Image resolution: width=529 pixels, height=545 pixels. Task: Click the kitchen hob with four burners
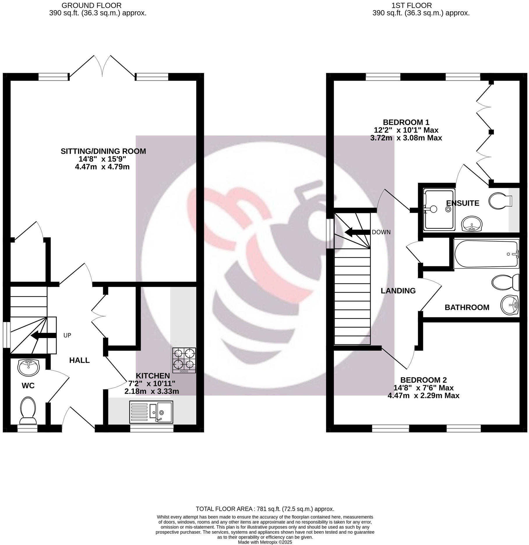coord(184,360)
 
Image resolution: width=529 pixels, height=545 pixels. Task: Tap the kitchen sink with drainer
coord(151,412)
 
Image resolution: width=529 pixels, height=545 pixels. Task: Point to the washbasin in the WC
coord(28,367)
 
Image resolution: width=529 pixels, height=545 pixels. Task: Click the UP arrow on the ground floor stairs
coord(44,335)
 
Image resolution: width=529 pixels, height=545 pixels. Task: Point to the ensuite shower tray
coord(439,209)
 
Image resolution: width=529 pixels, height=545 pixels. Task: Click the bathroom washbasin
coord(510,305)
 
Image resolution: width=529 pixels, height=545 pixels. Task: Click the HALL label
coord(80,360)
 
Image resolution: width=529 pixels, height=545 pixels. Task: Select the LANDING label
coord(398,291)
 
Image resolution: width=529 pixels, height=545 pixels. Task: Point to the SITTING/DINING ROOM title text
coord(103,151)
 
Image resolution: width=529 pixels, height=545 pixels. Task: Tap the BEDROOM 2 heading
coord(423,380)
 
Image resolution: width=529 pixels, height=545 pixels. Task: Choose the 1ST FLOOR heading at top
coord(421,6)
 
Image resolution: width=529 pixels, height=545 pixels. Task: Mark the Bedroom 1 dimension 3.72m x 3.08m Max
coord(406,138)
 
